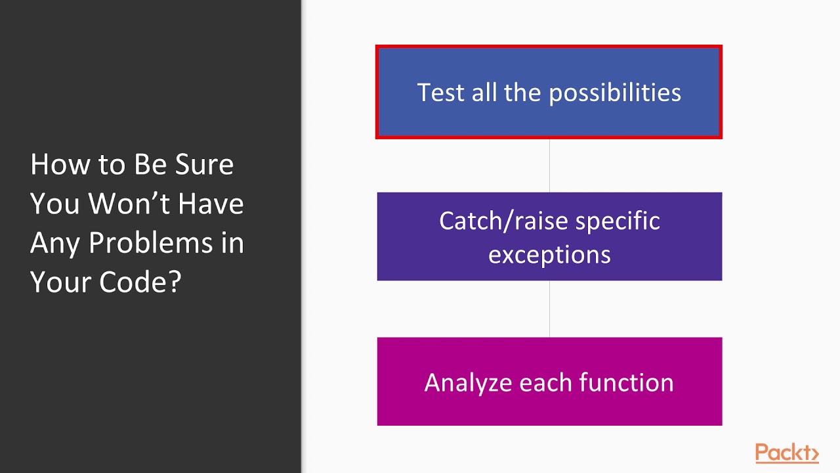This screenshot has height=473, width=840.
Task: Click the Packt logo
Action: click(787, 453)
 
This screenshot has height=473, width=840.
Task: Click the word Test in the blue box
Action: click(440, 93)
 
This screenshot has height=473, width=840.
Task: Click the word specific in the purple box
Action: click(618, 221)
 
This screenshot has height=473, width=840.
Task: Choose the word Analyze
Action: click(469, 384)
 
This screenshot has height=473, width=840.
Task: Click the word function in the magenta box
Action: click(626, 382)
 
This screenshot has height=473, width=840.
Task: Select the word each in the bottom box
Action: click(545, 382)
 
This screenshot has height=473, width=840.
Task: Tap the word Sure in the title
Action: click(205, 165)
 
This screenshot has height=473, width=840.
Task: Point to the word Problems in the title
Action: click(151, 243)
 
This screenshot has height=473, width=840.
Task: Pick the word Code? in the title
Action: click(140, 282)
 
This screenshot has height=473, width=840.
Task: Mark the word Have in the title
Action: click(211, 204)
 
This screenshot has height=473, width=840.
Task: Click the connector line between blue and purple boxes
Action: click(549, 166)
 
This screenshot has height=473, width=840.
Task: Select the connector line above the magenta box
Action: click(549, 309)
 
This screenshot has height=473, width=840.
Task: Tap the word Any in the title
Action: click(55, 244)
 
